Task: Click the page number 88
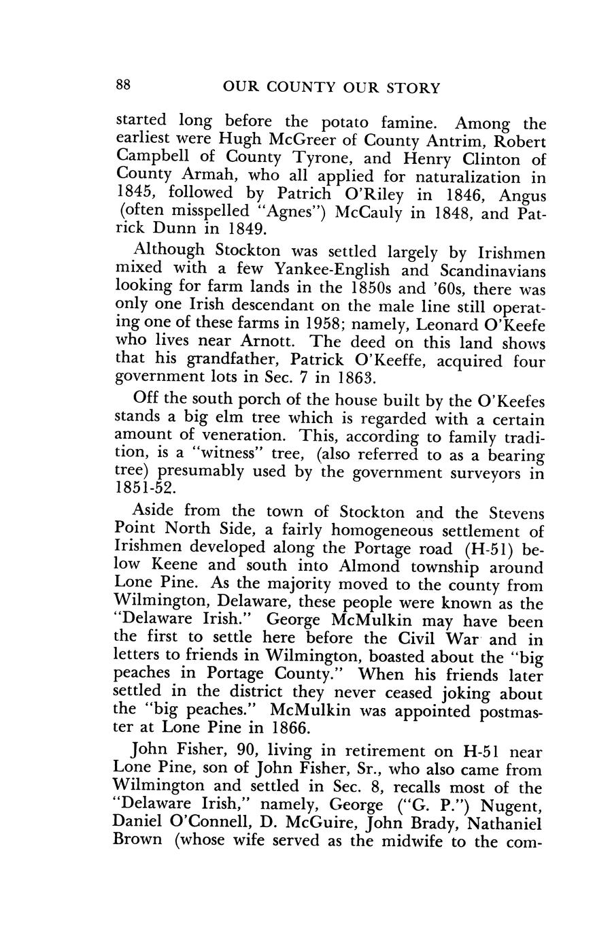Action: (122, 86)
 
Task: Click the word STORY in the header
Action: (411, 88)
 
